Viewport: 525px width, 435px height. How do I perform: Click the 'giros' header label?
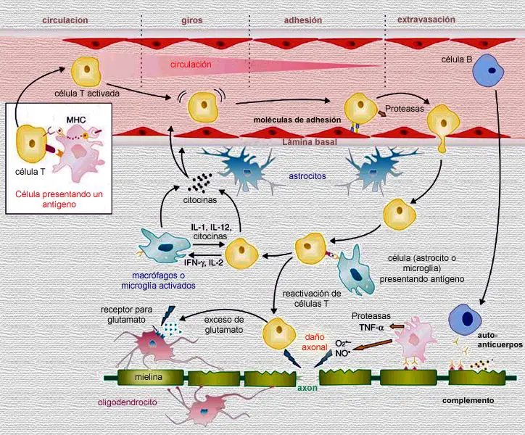(192, 20)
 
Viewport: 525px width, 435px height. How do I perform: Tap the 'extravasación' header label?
(426, 20)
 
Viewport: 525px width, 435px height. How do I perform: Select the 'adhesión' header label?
(303, 20)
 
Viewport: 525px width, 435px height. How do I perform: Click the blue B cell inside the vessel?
(488, 70)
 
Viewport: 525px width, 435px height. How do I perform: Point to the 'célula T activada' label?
(87, 94)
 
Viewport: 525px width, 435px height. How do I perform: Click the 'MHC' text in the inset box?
(76, 120)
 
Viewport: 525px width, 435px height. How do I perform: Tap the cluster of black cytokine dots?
(199, 183)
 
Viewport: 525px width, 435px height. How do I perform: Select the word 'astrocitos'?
(307, 175)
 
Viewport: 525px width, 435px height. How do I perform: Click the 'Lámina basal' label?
(310, 142)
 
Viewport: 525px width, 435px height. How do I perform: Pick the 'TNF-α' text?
(371, 327)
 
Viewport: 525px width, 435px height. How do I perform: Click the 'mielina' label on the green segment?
(149, 377)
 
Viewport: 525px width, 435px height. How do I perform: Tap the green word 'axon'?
(307, 388)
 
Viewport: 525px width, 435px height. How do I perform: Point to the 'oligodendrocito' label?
(127, 402)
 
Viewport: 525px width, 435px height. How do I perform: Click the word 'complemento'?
(468, 400)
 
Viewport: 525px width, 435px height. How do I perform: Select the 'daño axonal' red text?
(315, 342)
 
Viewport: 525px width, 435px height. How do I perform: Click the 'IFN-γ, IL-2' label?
(204, 263)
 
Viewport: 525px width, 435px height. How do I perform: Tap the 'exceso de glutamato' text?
(224, 325)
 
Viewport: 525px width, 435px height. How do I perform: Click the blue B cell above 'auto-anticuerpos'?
(465, 320)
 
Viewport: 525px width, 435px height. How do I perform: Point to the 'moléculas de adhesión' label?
(297, 120)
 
